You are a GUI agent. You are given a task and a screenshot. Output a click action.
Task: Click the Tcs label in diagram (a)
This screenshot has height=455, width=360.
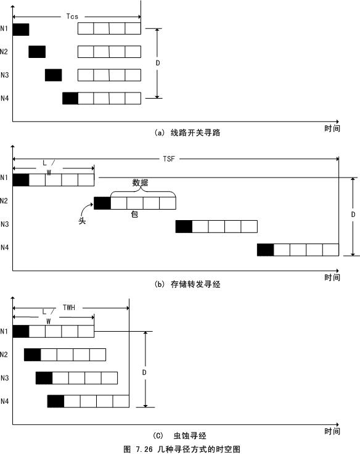[x=72, y=17]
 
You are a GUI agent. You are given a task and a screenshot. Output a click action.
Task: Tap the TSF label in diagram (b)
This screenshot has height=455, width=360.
[x=169, y=158]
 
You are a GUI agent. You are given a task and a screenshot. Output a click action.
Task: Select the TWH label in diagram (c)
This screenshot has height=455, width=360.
[x=69, y=307]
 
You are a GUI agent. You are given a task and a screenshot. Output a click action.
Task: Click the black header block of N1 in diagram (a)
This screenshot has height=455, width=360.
[x=21, y=30]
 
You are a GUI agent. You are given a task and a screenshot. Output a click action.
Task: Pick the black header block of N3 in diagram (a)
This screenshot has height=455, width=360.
[x=54, y=75]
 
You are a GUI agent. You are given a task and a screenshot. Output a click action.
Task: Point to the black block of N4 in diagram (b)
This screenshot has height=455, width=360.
[x=266, y=250]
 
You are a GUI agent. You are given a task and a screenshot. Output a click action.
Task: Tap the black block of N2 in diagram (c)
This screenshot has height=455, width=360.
[x=33, y=355]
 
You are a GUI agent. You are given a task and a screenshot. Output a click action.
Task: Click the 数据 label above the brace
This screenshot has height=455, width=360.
[x=140, y=183]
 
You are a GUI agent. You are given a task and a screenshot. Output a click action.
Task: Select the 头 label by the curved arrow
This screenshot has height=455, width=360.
[x=82, y=221]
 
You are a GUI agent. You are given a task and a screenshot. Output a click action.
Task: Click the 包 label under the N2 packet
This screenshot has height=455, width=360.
[x=134, y=214]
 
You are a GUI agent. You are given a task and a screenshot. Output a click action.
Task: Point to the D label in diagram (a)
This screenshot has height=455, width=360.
[x=158, y=63]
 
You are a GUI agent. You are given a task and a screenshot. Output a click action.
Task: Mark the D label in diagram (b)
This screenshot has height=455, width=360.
[x=353, y=215]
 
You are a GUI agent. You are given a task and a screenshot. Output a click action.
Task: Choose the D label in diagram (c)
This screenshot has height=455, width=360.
[x=144, y=372]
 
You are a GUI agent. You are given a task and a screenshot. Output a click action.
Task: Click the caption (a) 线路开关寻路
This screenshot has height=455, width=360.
[x=187, y=133]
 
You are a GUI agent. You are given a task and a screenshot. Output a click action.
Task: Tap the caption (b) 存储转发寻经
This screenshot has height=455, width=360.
[x=187, y=284]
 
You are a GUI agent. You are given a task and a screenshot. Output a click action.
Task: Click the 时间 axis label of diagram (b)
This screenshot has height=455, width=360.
[x=332, y=277]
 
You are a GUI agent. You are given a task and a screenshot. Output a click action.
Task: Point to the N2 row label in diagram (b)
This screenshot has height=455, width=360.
[x=4, y=201]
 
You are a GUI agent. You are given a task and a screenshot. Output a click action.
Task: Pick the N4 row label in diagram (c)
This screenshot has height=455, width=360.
[x=5, y=401]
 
